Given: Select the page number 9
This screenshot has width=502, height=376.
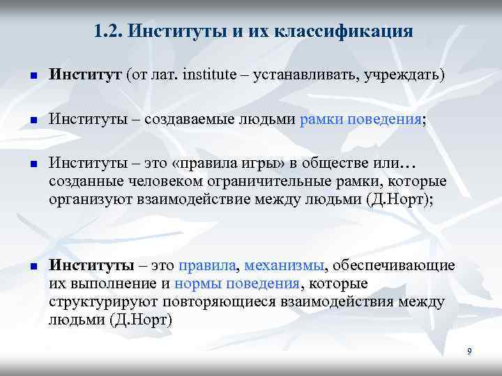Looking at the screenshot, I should point(469,352).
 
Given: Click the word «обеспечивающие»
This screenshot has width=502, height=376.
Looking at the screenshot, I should point(395,266).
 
